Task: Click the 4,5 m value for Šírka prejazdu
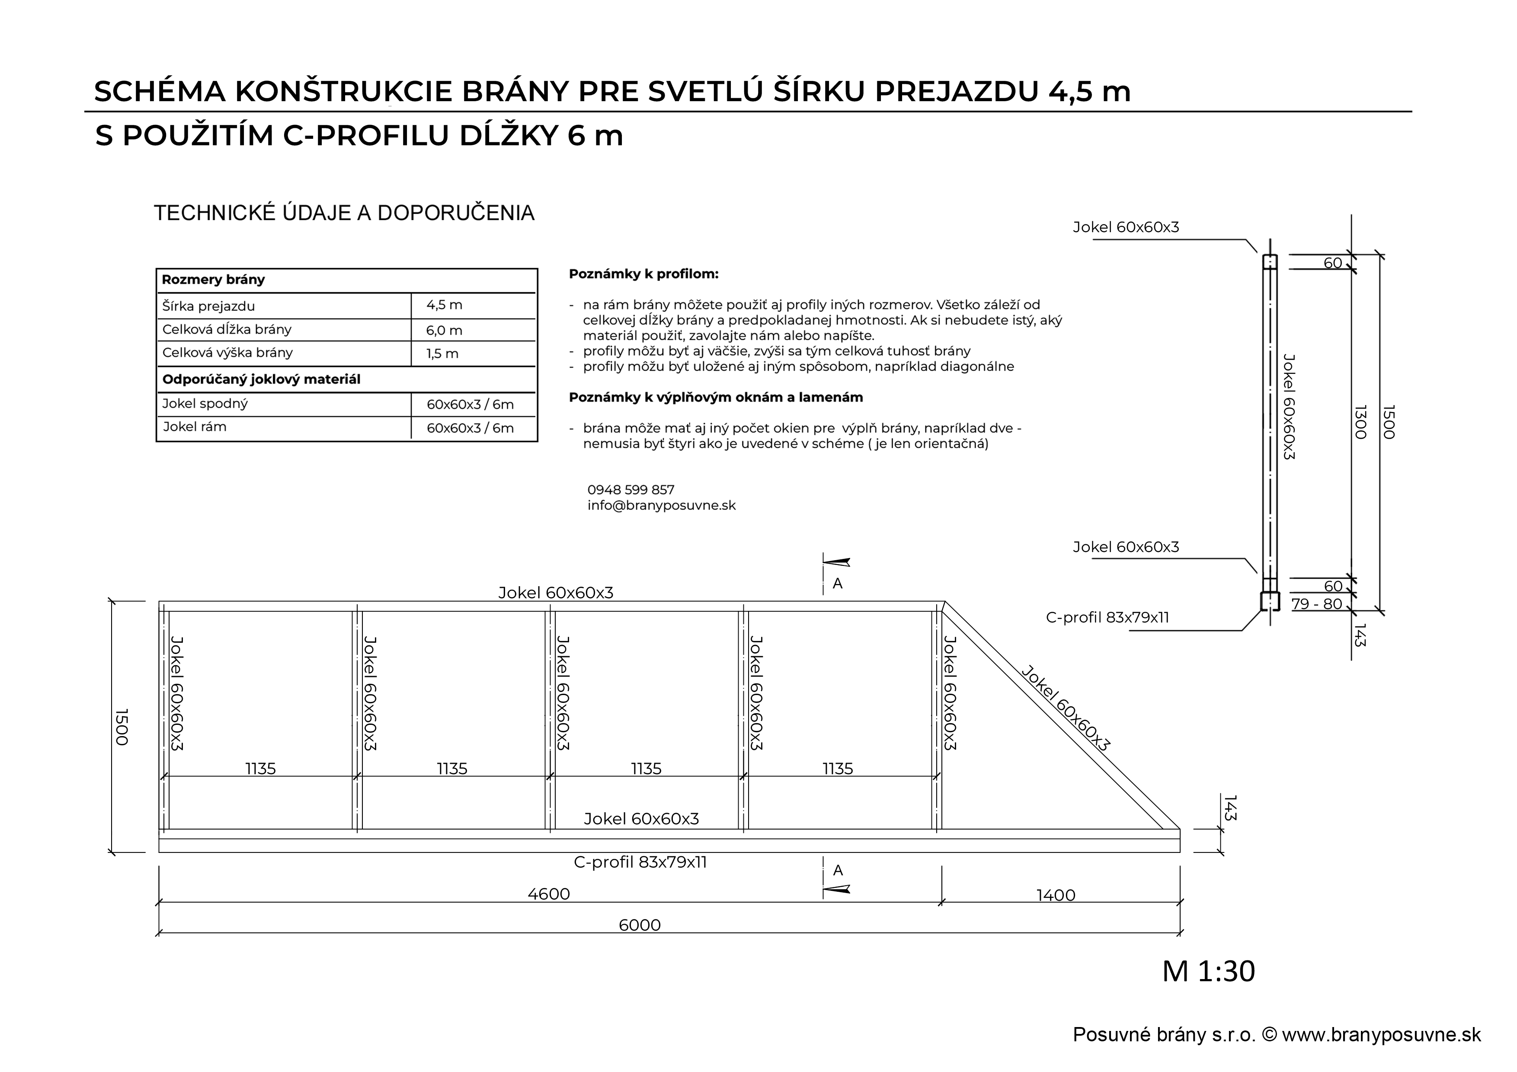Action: [444, 305]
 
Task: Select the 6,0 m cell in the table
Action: [444, 330]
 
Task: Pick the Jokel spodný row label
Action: [205, 404]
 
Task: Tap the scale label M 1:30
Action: [1208, 971]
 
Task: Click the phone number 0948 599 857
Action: [630, 490]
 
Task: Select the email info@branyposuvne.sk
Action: [661, 506]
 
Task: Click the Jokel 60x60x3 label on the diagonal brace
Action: [1065, 709]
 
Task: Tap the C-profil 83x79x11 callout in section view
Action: [1107, 618]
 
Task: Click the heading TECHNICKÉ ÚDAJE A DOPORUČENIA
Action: [343, 214]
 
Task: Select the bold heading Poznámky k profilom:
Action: [643, 274]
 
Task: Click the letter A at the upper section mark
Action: [837, 584]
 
